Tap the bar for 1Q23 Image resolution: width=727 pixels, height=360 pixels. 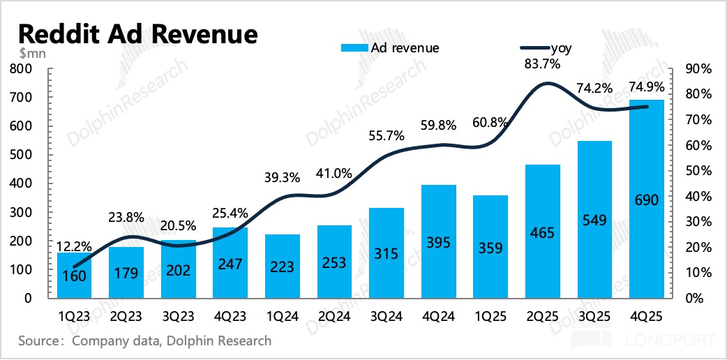[x=75, y=276]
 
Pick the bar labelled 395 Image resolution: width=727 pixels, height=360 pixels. [x=440, y=241]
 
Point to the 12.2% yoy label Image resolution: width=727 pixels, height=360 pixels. [x=73, y=245]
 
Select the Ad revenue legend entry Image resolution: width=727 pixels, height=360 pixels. [x=390, y=47]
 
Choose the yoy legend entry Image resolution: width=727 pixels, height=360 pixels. [x=544, y=47]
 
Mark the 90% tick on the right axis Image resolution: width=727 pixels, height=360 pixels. [x=697, y=68]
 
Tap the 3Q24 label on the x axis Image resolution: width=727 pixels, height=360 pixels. [x=387, y=317]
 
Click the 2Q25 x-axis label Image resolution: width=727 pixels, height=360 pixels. [x=543, y=317]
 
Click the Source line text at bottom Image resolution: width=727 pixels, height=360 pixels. [x=144, y=341]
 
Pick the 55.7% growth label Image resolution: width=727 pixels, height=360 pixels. [x=387, y=135]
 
